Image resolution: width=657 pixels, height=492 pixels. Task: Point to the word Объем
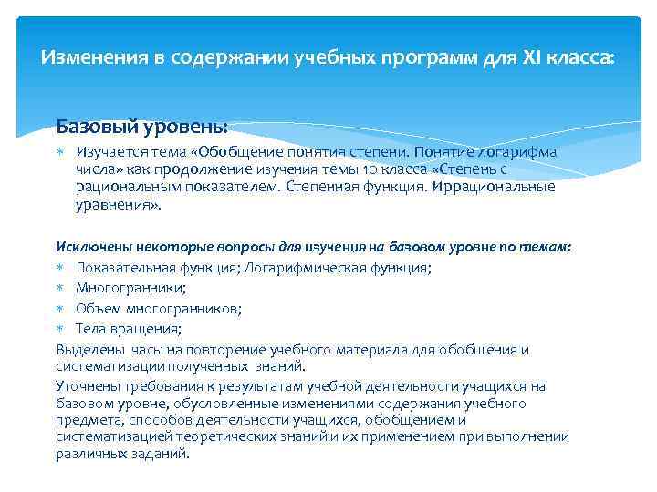click(x=96, y=308)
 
